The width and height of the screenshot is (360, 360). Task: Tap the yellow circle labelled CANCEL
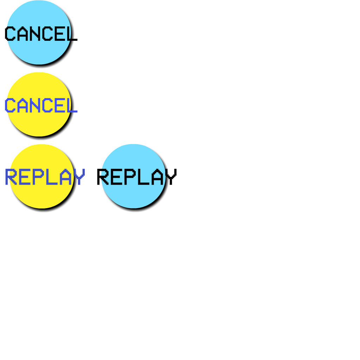click(39, 123)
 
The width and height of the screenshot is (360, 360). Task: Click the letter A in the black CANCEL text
click(22, 34)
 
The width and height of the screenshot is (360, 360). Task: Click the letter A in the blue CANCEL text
click(22, 106)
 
